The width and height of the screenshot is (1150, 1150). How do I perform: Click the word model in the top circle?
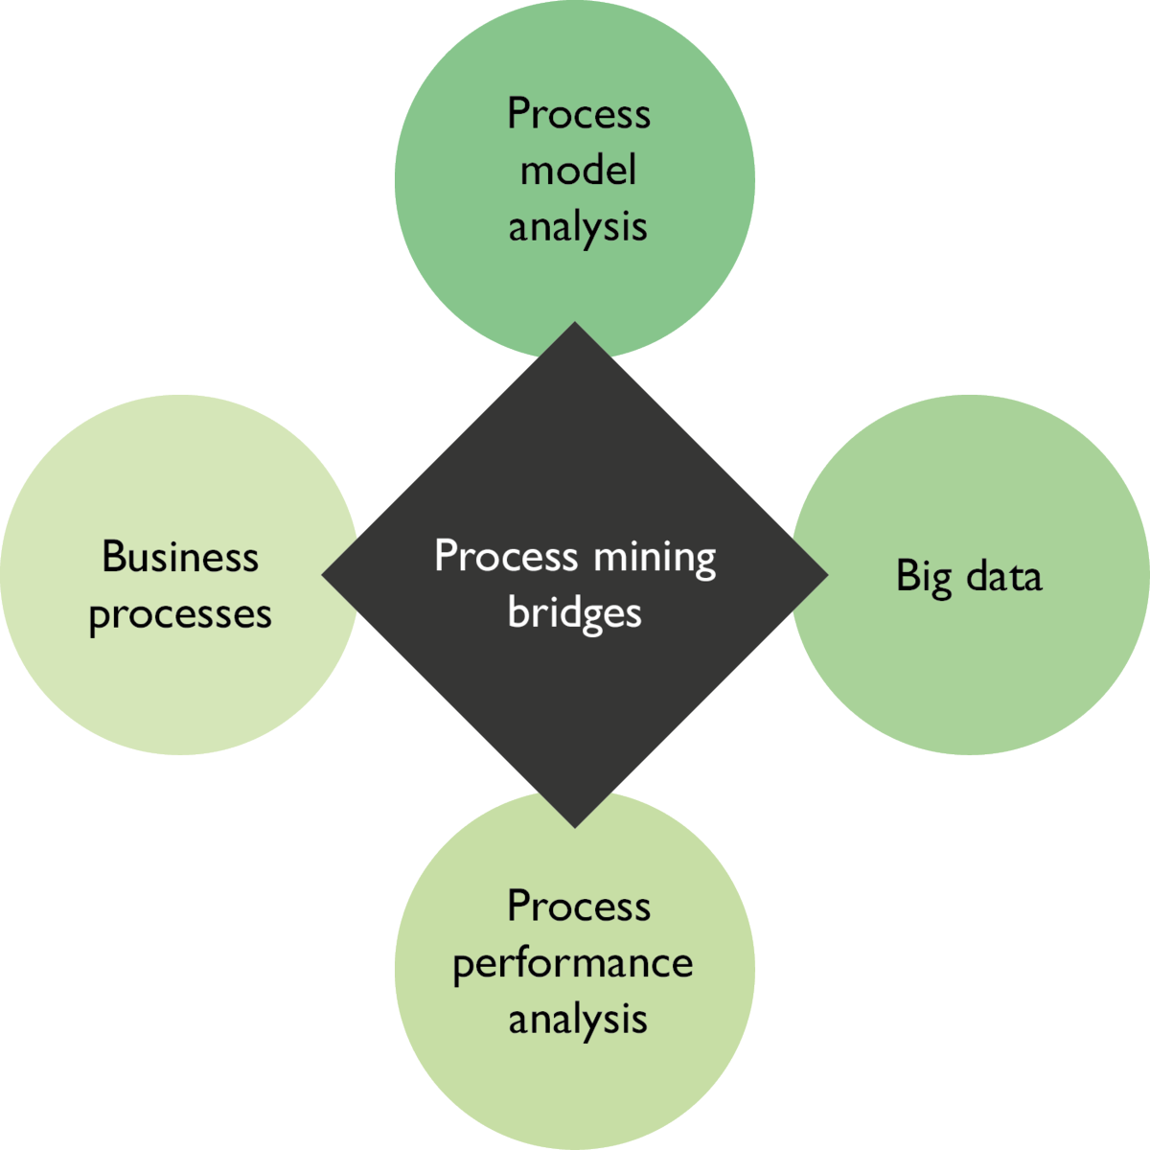(x=578, y=171)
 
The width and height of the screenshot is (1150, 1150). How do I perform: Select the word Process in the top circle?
(x=578, y=114)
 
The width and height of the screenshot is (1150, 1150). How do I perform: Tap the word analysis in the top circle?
(x=578, y=228)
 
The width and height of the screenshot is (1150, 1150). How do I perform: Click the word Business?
(x=180, y=557)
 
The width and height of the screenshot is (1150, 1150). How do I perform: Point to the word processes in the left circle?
(x=180, y=615)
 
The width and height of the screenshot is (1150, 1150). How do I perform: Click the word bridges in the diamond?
(x=574, y=613)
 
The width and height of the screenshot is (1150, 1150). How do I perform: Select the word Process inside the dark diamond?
(x=506, y=556)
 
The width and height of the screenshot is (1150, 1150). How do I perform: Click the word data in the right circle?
(x=1003, y=576)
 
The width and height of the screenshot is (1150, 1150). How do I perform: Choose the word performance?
(x=573, y=964)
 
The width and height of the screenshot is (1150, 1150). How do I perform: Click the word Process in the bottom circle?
(x=578, y=906)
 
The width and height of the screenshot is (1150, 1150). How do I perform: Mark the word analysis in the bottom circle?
(x=578, y=1020)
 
